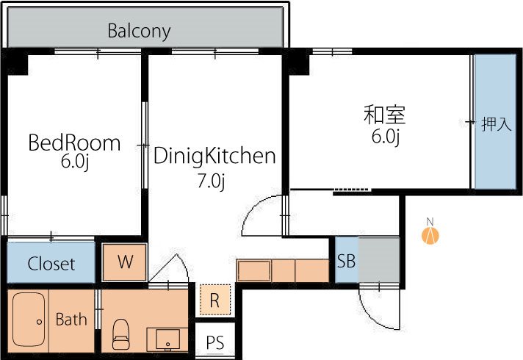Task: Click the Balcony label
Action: (139, 31)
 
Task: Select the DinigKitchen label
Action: (214, 156)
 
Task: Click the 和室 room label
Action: (385, 115)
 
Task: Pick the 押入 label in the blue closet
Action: (496, 123)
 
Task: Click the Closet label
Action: (51, 264)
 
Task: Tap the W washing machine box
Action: (125, 262)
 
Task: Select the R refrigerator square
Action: (214, 300)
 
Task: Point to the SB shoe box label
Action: (346, 261)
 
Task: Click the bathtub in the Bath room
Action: (29, 320)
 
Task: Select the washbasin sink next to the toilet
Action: (168, 339)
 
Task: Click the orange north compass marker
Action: (431, 235)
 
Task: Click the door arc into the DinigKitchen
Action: (261, 217)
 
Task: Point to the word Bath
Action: (71, 320)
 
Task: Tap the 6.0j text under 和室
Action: (385, 137)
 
